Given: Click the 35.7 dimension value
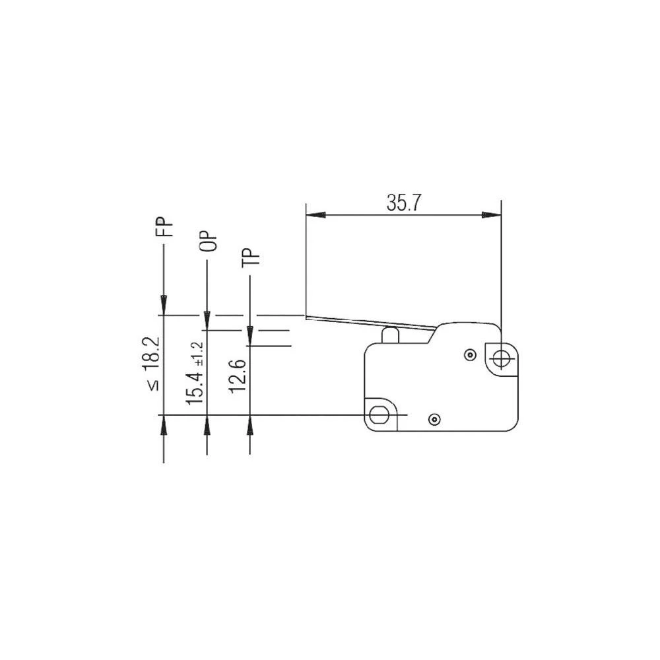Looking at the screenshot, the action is (404, 204).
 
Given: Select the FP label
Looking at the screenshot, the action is (167, 227).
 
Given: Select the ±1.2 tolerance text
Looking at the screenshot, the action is (198, 354).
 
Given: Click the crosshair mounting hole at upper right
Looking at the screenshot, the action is (501, 359).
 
